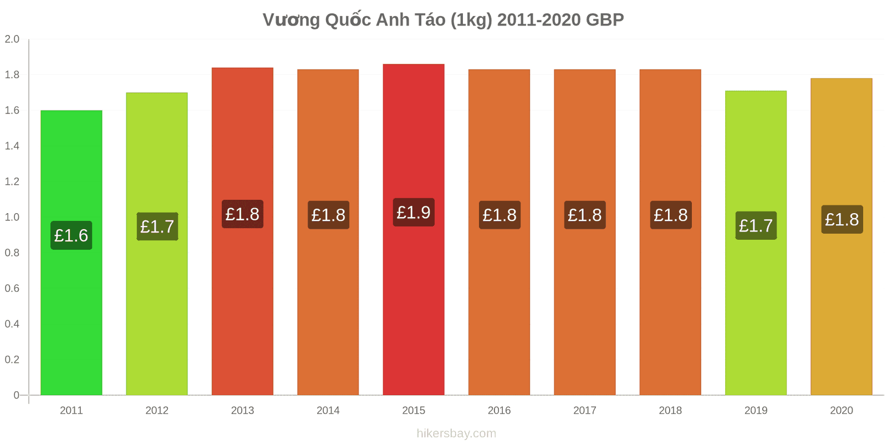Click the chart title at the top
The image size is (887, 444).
pyautogui.click(x=443, y=20)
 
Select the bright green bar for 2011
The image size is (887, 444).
pyautogui.click(x=72, y=253)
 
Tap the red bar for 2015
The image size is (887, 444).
pyautogui.click(x=414, y=230)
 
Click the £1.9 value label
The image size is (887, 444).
pyautogui.click(x=414, y=213)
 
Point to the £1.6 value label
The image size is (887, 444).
pyautogui.click(x=72, y=235)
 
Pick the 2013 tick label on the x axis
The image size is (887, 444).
pyautogui.click(x=242, y=410)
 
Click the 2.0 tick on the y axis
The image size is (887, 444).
pyautogui.click(x=12, y=39)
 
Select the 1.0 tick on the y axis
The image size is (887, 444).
pyautogui.click(x=12, y=217)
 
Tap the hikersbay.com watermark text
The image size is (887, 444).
pyautogui.click(x=456, y=433)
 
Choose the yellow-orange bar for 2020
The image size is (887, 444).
pyautogui.click(x=842, y=236)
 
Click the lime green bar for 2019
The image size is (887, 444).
pyautogui.click(x=756, y=243)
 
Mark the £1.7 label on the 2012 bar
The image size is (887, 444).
pyautogui.click(x=157, y=226)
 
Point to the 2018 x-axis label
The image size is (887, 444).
pyautogui.click(x=670, y=410)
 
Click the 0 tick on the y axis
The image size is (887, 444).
pyautogui.click(x=16, y=395)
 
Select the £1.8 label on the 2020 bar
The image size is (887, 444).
pyautogui.click(x=842, y=219)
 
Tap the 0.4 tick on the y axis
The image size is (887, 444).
pyautogui.click(x=12, y=324)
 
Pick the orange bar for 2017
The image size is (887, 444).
pyautogui.click(x=585, y=233)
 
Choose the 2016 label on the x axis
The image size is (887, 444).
pyautogui.click(x=499, y=410)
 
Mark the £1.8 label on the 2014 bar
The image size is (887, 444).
pyautogui.click(x=328, y=215)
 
